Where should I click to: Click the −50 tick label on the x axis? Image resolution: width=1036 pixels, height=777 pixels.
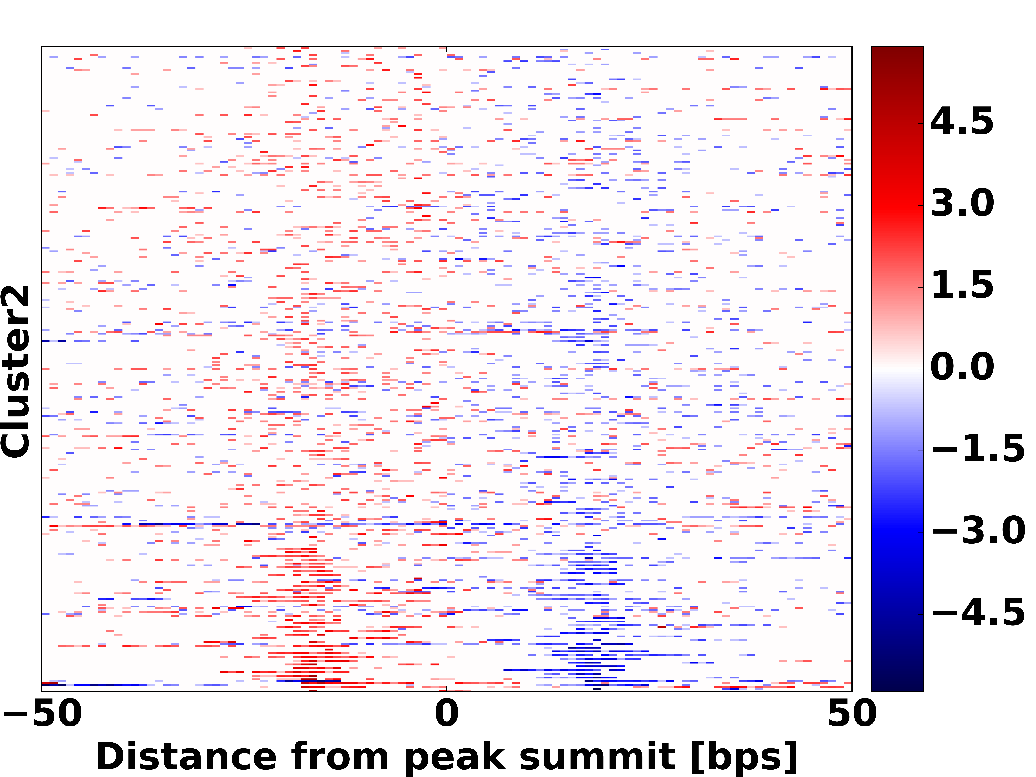coord(42,714)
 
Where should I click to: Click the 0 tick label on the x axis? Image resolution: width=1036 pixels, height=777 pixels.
coord(446,714)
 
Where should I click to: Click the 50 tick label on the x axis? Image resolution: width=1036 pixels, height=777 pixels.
coord(851,714)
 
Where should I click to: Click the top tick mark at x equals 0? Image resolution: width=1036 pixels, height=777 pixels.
coord(446,49)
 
